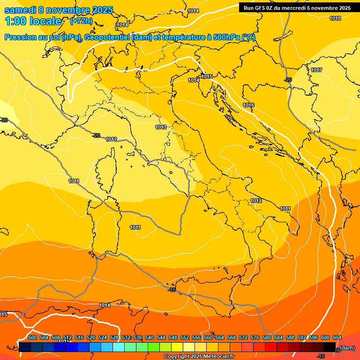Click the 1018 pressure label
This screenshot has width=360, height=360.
click(x=335, y=19)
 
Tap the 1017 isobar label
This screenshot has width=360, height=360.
click(x=316, y=70)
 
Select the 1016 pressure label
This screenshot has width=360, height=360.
click(x=248, y=105)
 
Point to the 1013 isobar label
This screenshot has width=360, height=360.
click(x=161, y=127)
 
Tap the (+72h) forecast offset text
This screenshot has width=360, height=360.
click(x=81, y=22)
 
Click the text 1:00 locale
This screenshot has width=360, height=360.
click(x=33, y=22)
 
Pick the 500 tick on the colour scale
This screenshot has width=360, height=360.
click(x=32, y=338)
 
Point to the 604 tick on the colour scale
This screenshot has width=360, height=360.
click(x=337, y=338)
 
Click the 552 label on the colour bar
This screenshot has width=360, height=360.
click(x=185, y=338)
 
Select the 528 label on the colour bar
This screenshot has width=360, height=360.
click(x=114, y=338)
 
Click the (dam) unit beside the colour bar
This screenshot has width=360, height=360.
click(x=347, y=348)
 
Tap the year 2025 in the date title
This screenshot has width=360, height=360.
click(x=102, y=10)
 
